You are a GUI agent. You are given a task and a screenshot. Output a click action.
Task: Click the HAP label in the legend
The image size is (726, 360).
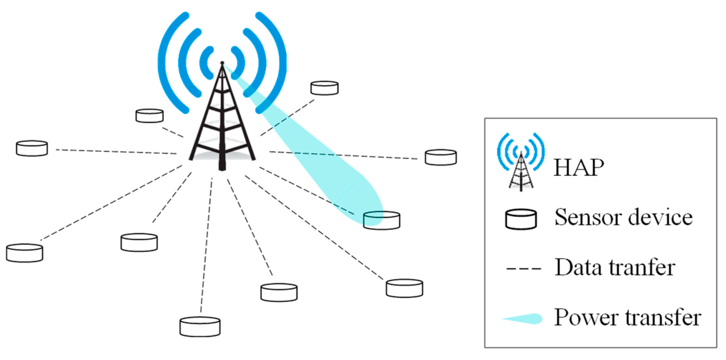tap(579, 168)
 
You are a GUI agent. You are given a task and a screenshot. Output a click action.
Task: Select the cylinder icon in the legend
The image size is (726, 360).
tap(521, 219)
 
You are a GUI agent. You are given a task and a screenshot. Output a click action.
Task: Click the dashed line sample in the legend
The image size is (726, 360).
tap(523, 269)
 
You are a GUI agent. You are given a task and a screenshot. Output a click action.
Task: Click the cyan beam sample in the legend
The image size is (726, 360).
tap(523, 319)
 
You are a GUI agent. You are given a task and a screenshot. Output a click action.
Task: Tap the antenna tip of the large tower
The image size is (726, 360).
tap(222, 63)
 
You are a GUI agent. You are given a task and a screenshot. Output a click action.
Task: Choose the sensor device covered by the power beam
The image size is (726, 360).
tap(382, 220)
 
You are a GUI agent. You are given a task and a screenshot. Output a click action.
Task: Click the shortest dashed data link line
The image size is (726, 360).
tap(173, 132)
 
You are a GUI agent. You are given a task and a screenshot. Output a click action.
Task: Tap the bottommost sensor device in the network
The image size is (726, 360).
tap(200, 327)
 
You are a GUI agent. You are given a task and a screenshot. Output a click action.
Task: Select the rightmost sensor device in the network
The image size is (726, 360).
tap(441, 157)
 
